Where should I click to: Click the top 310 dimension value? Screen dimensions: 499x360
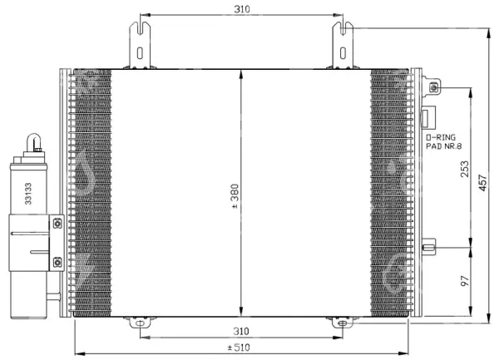[x=242, y=9]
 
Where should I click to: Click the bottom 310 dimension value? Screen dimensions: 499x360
[x=241, y=332]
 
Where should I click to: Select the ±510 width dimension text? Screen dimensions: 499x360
[x=239, y=348]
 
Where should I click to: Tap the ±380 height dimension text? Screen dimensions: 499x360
[x=235, y=196]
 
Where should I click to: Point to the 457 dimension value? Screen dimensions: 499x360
[x=482, y=183]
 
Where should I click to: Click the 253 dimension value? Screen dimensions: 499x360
[x=465, y=169]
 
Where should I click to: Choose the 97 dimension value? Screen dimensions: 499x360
[x=465, y=281]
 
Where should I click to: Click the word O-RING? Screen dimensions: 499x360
[x=441, y=137]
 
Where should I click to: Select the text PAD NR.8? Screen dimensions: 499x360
[x=443, y=146]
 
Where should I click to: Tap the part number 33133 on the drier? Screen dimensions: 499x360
[x=28, y=194]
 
